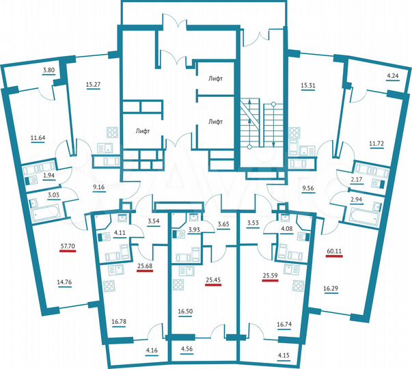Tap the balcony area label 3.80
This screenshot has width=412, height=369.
point(50,71)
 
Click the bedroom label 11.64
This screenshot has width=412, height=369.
point(39,137)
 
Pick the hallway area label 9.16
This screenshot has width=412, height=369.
point(98,185)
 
